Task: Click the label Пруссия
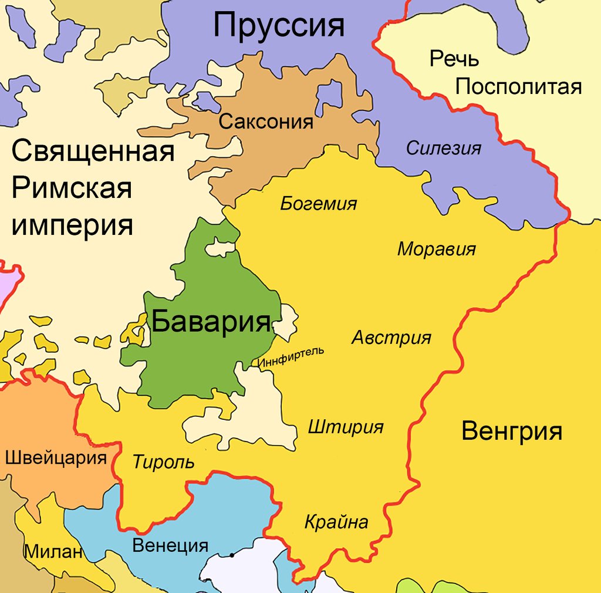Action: click(x=278, y=26)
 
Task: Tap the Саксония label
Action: click(x=266, y=122)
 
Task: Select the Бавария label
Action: click(x=211, y=322)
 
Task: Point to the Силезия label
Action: click(x=444, y=148)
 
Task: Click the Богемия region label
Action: click(x=318, y=204)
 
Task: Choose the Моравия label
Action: click(x=436, y=249)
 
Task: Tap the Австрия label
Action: click(x=391, y=338)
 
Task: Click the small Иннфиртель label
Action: click(x=291, y=358)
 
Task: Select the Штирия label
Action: click(x=346, y=427)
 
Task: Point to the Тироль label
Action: click(x=163, y=462)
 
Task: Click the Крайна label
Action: click(x=336, y=522)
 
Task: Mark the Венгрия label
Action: click(x=512, y=432)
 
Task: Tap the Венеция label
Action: click(x=170, y=545)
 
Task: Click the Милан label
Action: click(x=53, y=552)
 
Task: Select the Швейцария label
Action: click(x=56, y=458)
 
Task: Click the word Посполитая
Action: click(x=518, y=87)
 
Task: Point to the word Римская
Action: click(x=72, y=188)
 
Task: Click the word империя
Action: click(x=72, y=225)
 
